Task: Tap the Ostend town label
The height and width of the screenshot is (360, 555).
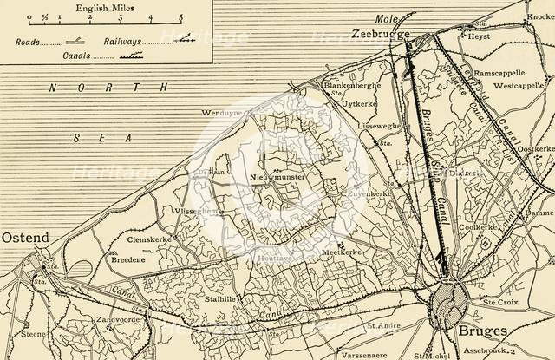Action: [24, 237]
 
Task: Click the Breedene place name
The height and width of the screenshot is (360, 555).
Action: [130, 259]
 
